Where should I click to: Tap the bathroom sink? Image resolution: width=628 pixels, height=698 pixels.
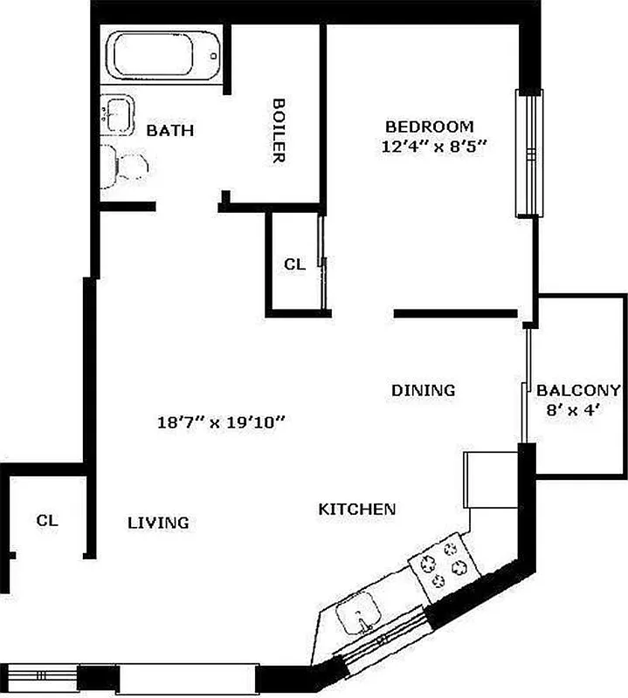117,113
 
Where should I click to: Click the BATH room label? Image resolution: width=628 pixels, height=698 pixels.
169,131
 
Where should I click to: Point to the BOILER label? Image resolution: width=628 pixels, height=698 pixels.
279,130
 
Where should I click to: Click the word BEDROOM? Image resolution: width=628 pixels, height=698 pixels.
430,126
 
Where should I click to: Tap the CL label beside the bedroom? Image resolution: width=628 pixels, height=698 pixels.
294,264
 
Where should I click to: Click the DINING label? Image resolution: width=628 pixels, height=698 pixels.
423,390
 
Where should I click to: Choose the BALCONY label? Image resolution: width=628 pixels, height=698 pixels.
578,390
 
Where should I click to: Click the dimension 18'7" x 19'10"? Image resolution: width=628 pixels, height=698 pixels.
222,423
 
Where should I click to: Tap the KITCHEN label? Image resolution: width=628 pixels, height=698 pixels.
356,509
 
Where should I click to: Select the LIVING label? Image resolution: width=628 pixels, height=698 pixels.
158,523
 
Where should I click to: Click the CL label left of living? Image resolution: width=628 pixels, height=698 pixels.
47,521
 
